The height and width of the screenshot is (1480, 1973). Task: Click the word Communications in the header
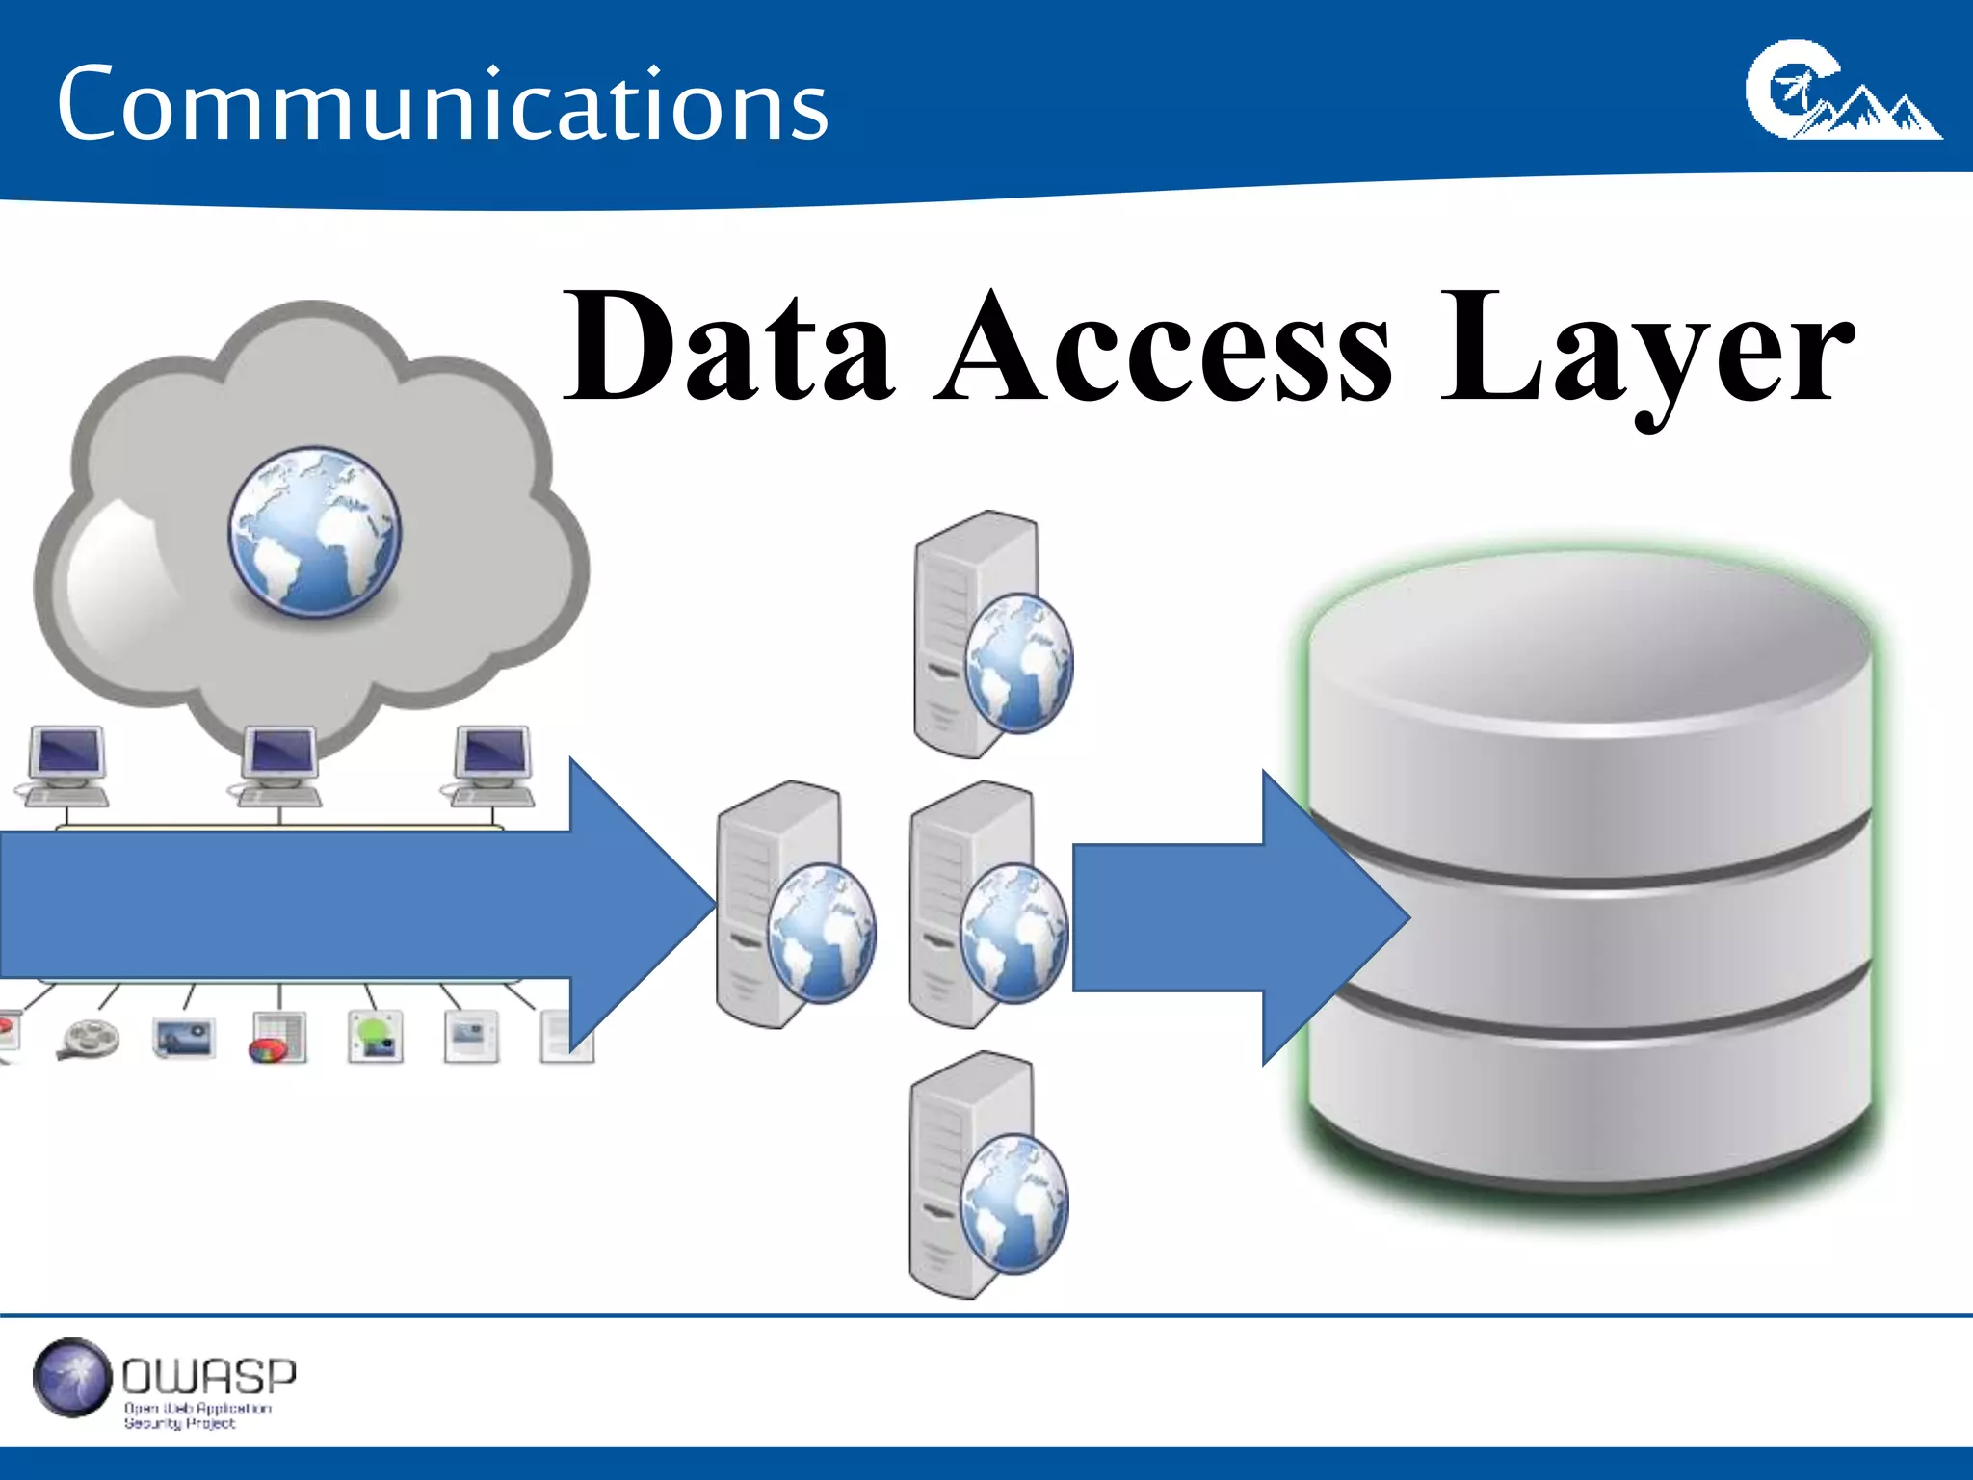[x=442, y=104]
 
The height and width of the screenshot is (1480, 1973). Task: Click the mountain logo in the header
[x=1842, y=92]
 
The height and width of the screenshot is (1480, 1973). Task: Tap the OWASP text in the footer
[x=209, y=1376]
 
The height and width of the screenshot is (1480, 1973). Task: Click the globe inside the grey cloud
[x=314, y=531]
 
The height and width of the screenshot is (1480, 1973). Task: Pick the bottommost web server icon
[x=988, y=1176]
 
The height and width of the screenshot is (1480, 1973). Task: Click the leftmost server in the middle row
[x=796, y=906]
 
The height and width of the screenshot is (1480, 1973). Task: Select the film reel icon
[x=90, y=1039]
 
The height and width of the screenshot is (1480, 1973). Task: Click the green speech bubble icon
[x=376, y=1037]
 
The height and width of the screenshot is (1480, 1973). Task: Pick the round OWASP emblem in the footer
[x=72, y=1377]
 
